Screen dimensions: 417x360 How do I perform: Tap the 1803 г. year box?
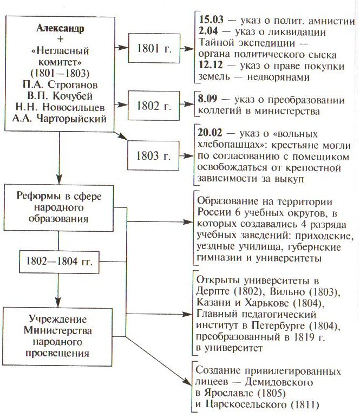tap(155, 156)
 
